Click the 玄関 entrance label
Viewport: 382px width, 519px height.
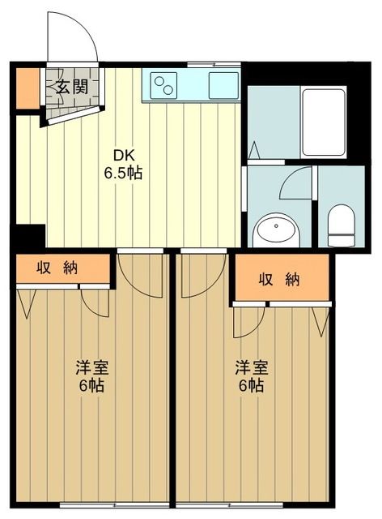point(71,87)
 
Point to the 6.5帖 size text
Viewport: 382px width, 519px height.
point(122,174)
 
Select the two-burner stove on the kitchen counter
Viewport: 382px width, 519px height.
point(165,84)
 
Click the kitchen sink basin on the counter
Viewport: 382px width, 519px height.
point(222,85)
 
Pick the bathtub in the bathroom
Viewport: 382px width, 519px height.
point(323,122)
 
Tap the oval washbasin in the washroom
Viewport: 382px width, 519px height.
point(276,230)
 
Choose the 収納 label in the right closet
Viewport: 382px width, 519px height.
point(279,280)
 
